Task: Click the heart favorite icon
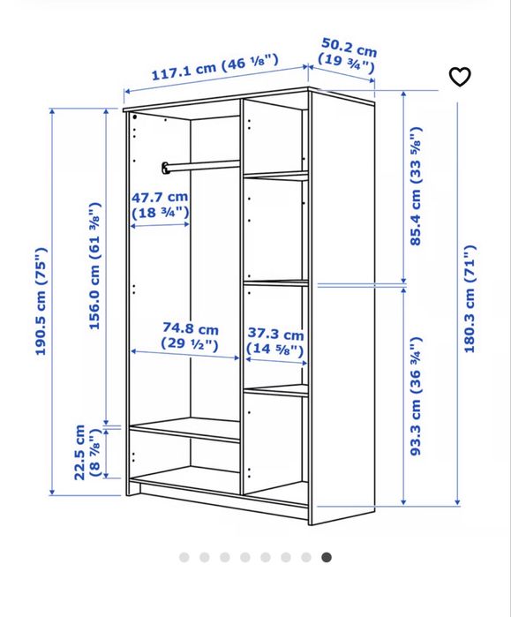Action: [460, 77]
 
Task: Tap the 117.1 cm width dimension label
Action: [214, 66]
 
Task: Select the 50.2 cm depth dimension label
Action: [349, 55]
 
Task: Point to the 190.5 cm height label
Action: [41, 301]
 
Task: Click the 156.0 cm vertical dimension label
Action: [94, 266]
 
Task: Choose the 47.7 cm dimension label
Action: [160, 206]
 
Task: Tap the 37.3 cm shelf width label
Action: [275, 342]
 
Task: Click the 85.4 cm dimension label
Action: [416, 186]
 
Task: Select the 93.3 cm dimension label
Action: [416, 395]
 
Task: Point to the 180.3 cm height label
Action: [470, 298]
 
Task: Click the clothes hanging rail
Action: [201, 165]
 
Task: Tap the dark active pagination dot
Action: [327, 557]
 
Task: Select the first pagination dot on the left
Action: [184, 557]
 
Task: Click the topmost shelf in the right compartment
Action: [275, 175]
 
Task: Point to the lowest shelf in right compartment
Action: [275, 389]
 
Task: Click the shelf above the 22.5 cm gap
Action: [185, 429]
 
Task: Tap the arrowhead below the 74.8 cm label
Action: [237, 357]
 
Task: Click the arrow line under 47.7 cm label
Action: [160, 225]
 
